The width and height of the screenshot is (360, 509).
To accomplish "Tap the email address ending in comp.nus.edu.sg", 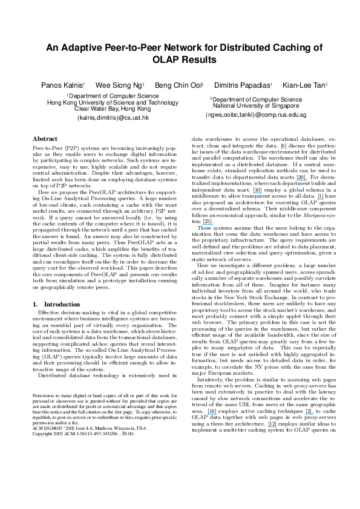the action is [x=255, y=114].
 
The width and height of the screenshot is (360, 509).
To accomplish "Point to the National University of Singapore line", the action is [x=255, y=105].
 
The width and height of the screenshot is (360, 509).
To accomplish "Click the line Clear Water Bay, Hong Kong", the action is [x=109, y=109].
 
